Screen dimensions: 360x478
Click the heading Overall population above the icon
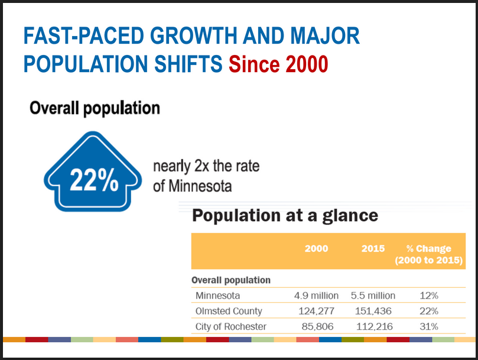[95, 108]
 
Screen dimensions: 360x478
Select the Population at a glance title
[285, 215]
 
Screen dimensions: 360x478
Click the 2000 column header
[316, 249]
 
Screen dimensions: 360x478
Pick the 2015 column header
[373, 249]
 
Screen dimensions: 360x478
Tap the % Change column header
[428, 254]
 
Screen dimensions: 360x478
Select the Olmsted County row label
[229, 311]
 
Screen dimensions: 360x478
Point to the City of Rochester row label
[230, 326]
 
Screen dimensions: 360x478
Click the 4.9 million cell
[316, 296]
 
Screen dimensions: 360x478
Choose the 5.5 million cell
[373, 296]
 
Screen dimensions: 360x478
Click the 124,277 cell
[316, 311]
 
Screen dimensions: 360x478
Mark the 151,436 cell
[373, 311]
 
